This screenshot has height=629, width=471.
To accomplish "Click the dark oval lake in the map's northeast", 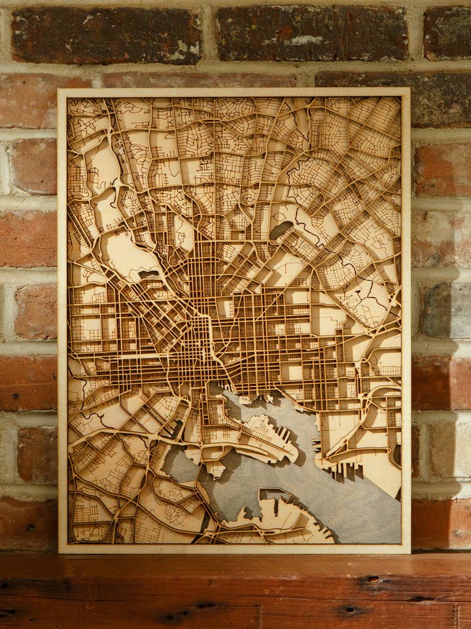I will [281, 230].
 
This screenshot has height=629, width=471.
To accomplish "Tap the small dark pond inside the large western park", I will [148, 274].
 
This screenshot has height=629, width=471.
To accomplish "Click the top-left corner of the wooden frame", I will [59, 90].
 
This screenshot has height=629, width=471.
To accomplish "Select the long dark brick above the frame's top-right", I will [392, 98].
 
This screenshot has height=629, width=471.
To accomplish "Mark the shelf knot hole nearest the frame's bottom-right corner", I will [373, 579].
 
